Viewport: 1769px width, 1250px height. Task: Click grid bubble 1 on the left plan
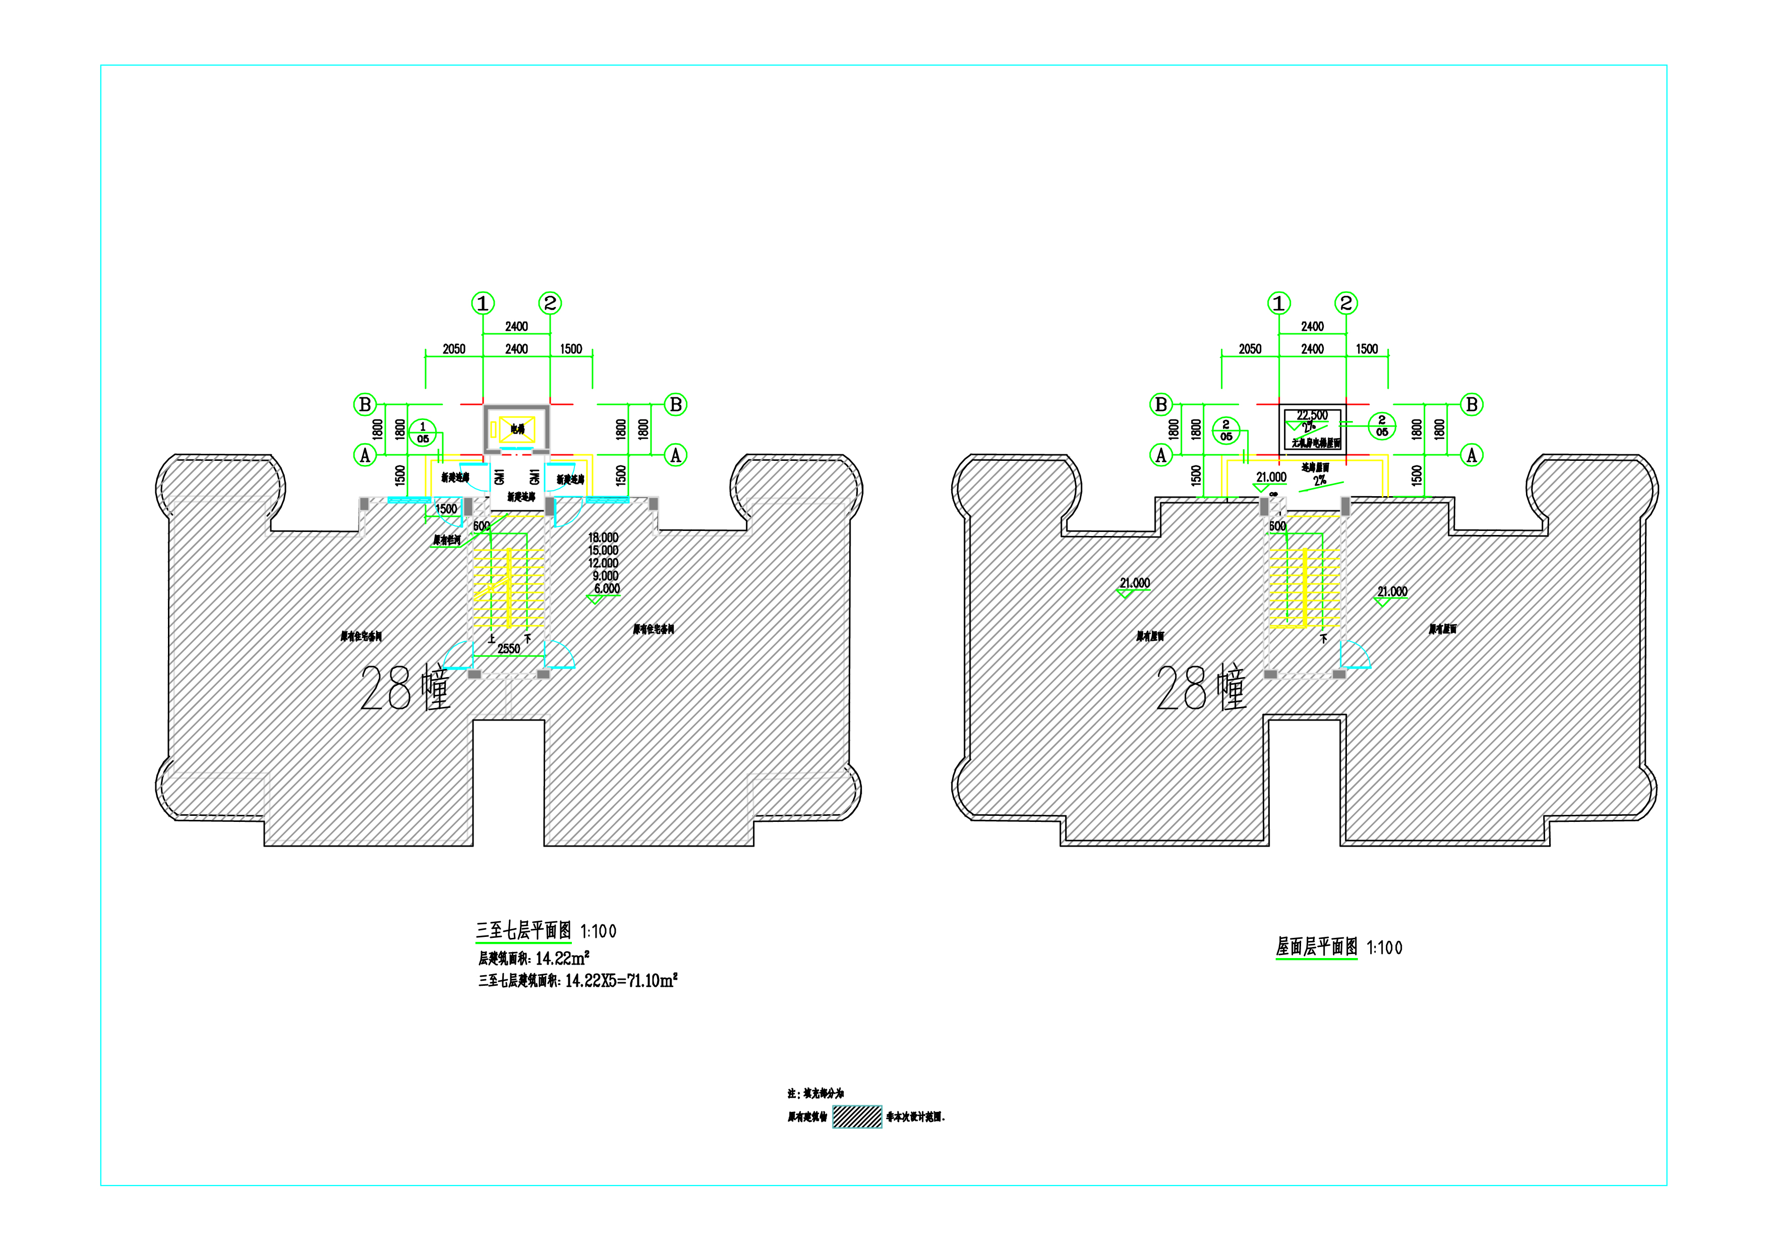482,304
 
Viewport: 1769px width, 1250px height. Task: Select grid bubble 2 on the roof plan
1345,304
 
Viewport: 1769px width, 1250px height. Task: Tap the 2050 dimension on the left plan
454,349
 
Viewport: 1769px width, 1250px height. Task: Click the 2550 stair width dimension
508,648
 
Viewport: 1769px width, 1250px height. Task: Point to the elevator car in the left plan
516,429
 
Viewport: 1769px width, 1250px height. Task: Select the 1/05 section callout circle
422,432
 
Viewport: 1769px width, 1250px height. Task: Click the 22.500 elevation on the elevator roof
1312,415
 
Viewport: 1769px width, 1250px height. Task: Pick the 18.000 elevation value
603,538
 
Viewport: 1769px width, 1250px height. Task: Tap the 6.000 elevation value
606,588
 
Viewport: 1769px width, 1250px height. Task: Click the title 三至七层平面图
523,930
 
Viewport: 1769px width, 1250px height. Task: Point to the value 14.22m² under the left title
562,958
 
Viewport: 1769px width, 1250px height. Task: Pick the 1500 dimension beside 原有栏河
446,509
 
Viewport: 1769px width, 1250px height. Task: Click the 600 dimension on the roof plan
1277,526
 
